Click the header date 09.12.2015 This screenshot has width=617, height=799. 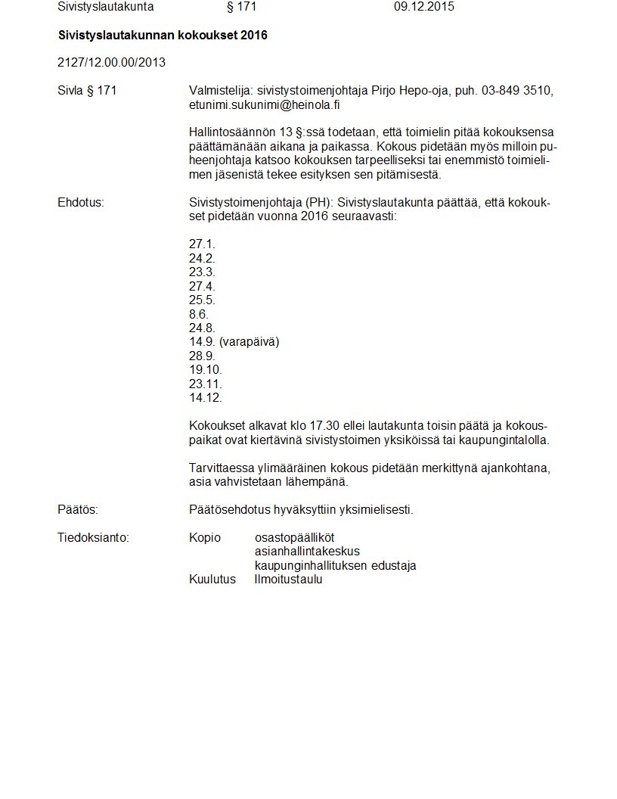[x=423, y=7]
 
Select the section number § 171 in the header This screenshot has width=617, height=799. [x=242, y=7]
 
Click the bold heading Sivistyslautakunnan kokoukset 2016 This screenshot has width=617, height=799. [x=163, y=36]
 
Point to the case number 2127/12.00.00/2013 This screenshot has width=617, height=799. [x=111, y=63]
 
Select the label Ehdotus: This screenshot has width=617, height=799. [x=81, y=203]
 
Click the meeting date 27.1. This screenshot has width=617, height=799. [x=202, y=244]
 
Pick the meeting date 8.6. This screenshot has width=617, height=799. [x=198, y=314]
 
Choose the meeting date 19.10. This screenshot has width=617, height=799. [x=206, y=370]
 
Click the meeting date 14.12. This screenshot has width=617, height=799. [x=206, y=398]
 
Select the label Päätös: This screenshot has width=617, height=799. [x=78, y=510]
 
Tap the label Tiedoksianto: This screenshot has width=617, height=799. [x=93, y=538]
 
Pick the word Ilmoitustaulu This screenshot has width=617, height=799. [x=288, y=580]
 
